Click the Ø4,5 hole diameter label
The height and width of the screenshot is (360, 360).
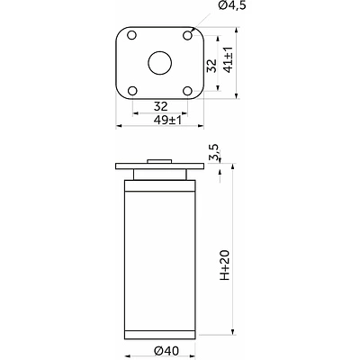pyautogui.click(x=232, y=5)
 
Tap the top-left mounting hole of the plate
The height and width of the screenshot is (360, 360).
pyautogui.click(x=131, y=35)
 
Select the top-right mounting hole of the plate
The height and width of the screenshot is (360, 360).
pyautogui.click(x=187, y=35)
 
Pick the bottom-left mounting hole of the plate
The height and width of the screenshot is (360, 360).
pyautogui.click(x=132, y=91)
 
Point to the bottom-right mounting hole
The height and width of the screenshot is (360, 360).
pyautogui.click(x=188, y=91)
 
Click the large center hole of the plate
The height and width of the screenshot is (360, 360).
pyautogui.click(x=160, y=63)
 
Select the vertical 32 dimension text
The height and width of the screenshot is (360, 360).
pyautogui.click(x=212, y=66)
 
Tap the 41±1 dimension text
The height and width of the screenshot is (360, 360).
pyautogui.click(x=229, y=59)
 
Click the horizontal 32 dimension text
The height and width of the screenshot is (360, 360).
pyautogui.click(x=160, y=106)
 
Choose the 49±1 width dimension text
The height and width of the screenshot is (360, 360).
pyautogui.click(x=167, y=121)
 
